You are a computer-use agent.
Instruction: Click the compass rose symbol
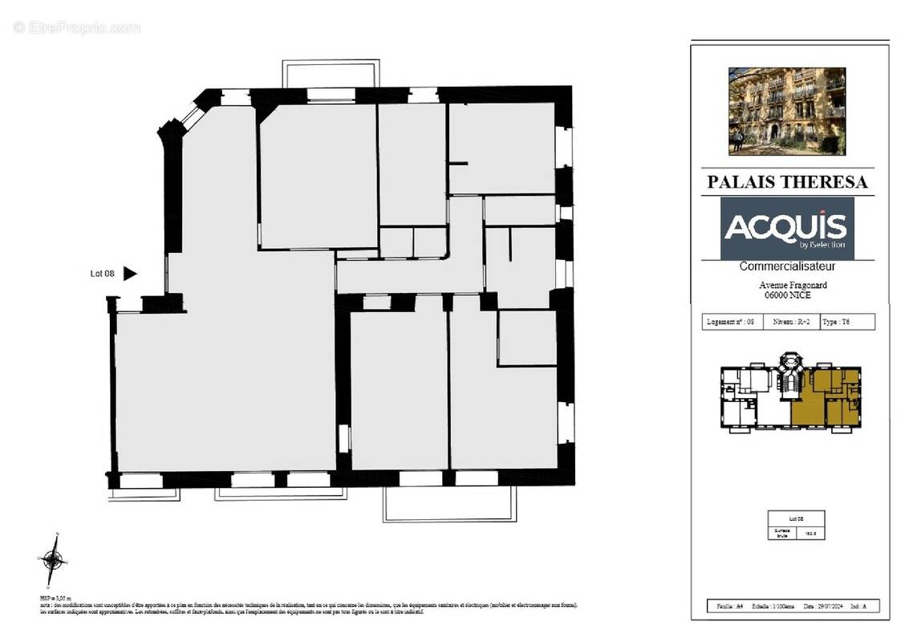[x=52, y=559]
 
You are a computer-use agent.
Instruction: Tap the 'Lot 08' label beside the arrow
[x=102, y=274]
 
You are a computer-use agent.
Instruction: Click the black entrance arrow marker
[x=129, y=274]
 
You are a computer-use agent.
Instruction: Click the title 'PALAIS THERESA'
[x=786, y=182]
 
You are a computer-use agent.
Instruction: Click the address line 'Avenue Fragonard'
[x=793, y=285]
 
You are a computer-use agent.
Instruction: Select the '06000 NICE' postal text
[x=787, y=295]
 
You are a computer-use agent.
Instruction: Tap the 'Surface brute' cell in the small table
[x=781, y=532]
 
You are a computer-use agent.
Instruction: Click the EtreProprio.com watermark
[x=76, y=27]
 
